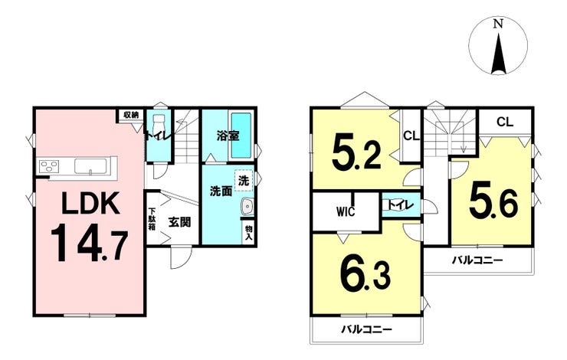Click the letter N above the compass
click(x=498, y=25)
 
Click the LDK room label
click(x=90, y=203)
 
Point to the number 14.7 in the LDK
click(x=89, y=242)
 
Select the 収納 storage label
click(x=131, y=115)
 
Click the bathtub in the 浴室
click(x=241, y=135)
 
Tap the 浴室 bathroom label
click(x=228, y=136)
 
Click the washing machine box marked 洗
click(x=244, y=180)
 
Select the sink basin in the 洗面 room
click(x=247, y=207)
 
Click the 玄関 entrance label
click(x=179, y=222)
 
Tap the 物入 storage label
click(x=249, y=232)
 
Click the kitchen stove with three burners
click(x=49, y=167)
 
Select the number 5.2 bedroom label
click(x=356, y=152)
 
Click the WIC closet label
click(x=346, y=211)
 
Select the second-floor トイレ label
click(x=400, y=205)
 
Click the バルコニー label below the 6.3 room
click(x=367, y=329)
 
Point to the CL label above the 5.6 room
click(x=505, y=122)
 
